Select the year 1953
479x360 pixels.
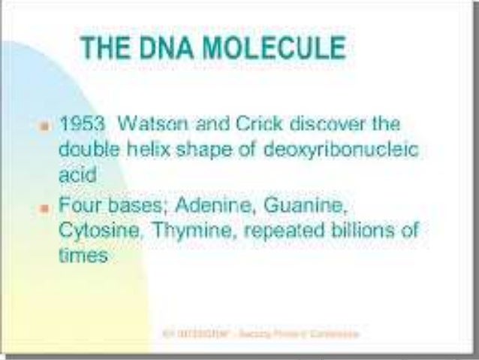coord(79,123)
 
